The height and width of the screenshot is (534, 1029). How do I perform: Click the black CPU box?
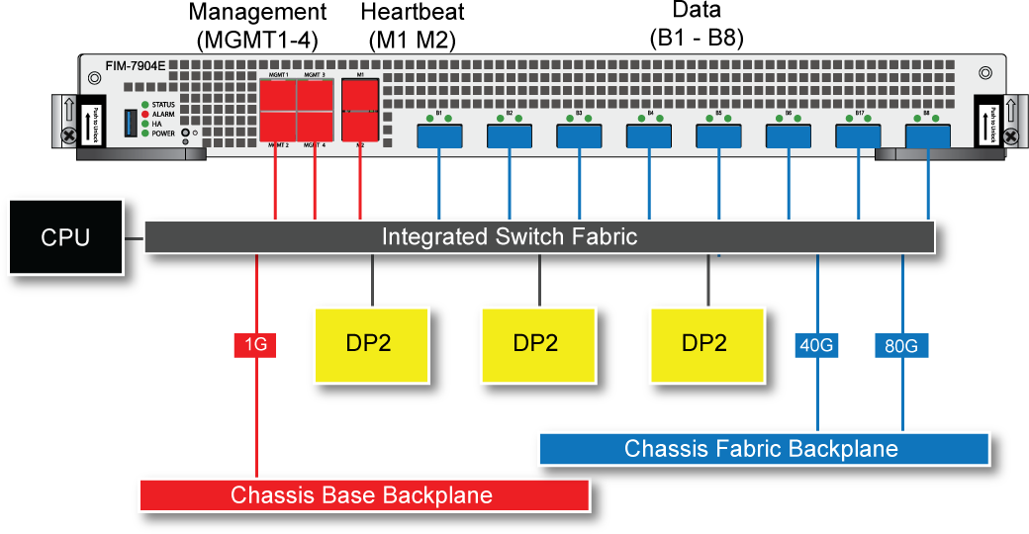[65, 237]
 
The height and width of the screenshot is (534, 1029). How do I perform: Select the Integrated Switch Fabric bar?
[539, 237]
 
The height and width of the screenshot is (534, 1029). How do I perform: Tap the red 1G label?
[255, 345]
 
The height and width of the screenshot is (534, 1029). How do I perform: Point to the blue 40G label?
[817, 345]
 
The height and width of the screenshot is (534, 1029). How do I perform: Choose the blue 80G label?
[901, 345]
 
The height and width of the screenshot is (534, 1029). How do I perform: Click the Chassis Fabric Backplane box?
[762, 449]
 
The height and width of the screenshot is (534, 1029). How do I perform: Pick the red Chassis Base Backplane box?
[364, 494]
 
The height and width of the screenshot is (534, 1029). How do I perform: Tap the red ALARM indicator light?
[144, 115]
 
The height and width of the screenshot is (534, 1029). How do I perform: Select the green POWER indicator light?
[144, 133]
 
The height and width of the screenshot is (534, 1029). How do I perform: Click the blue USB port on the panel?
[130, 123]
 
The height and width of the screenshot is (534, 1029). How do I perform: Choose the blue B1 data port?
[437, 136]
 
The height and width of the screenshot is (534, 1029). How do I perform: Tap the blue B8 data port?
[927, 136]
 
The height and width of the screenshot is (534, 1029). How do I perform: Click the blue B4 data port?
[649, 136]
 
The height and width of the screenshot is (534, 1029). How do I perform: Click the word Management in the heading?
[256, 13]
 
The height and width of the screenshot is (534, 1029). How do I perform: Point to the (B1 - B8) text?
[696, 40]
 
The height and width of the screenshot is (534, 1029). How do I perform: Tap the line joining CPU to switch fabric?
[135, 238]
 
